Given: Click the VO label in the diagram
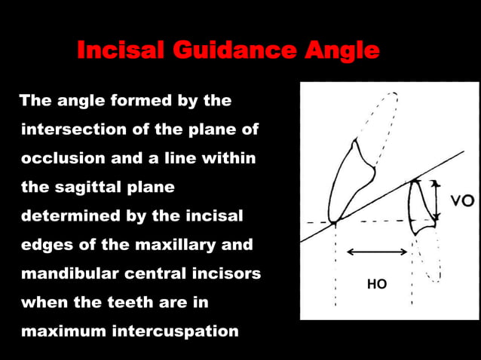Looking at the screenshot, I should [x=461, y=201].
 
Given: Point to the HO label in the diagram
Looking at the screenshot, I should [x=376, y=284].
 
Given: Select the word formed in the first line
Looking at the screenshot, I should [x=124, y=101].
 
